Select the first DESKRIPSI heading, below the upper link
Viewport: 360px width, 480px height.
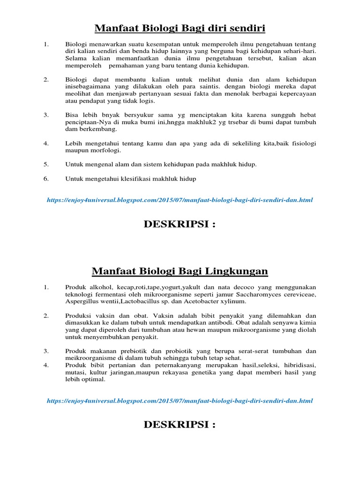tap(180, 225)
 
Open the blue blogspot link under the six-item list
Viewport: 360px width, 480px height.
tap(180, 200)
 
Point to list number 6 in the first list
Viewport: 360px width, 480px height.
tap(46, 179)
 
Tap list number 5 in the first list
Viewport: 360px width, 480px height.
tap(46, 164)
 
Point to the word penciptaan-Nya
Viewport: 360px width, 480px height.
tap(87, 122)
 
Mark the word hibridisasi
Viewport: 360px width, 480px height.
tap(300, 365)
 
